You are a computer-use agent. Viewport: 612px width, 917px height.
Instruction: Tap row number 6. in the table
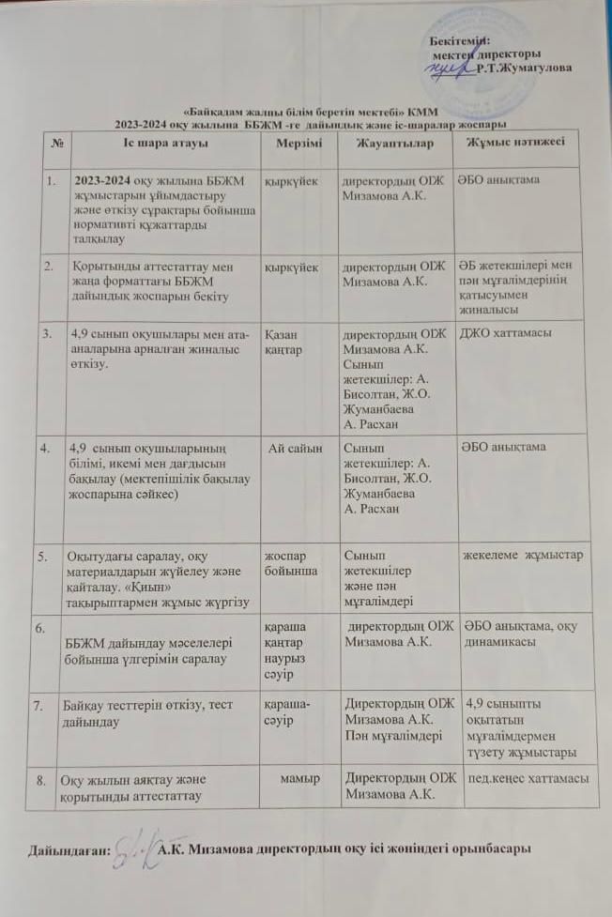(38, 622)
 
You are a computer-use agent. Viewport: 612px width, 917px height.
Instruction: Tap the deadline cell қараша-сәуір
(287, 710)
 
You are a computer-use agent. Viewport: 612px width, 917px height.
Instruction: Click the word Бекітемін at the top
(459, 40)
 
